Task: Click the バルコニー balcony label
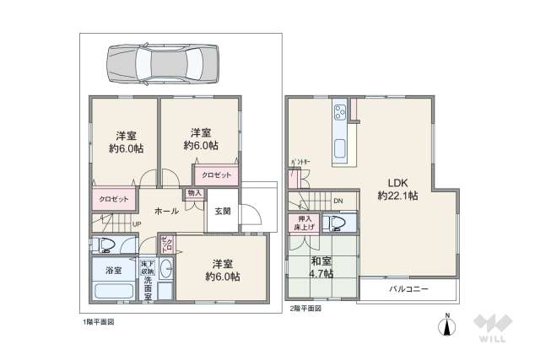408,288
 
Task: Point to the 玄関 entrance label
223,211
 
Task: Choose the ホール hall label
165,211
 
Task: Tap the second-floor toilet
338,223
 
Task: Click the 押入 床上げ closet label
301,223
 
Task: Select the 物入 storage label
194,193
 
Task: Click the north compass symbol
447,325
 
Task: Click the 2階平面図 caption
305,309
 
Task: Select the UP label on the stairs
136,223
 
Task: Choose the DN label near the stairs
337,201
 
